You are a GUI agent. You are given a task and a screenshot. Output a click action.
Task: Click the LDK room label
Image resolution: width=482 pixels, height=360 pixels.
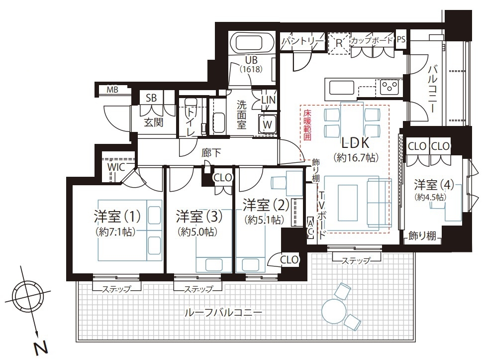point(355,143)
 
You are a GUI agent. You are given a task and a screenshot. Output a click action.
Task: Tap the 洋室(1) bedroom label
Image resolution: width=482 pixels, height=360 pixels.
point(117,216)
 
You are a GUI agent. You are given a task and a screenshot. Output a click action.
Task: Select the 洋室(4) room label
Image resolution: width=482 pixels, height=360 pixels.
point(434,185)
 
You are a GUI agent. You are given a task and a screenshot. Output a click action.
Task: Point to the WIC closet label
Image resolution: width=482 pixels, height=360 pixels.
point(116,167)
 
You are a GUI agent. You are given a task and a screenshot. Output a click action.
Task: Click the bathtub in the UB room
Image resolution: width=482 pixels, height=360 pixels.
point(252,43)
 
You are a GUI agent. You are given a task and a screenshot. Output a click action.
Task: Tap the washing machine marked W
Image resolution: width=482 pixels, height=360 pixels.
point(267,124)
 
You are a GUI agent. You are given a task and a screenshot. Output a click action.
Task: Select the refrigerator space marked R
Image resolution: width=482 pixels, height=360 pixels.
point(339,43)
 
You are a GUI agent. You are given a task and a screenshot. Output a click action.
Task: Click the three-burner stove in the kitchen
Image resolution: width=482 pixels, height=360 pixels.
point(390,87)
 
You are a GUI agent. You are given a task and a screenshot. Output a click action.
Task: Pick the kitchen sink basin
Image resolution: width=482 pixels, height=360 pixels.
point(342,87)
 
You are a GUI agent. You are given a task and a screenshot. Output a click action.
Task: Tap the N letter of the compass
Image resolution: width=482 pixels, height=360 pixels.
point(41,348)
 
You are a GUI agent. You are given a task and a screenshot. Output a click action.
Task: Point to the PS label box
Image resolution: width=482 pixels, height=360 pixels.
point(401,39)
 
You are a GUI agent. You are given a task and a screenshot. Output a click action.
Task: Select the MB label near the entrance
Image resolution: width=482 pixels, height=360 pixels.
point(112,90)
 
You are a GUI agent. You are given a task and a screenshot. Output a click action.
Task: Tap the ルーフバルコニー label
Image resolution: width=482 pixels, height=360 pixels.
point(223,313)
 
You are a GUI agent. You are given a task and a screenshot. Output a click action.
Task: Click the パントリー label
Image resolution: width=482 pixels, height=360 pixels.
point(303,41)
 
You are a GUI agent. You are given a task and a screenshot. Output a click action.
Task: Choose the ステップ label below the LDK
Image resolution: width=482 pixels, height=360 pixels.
point(356,261)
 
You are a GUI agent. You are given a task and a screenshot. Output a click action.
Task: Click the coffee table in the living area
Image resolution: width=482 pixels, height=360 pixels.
point(348,203)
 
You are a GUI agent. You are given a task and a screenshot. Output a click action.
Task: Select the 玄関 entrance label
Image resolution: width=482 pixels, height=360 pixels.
point(154,122)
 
